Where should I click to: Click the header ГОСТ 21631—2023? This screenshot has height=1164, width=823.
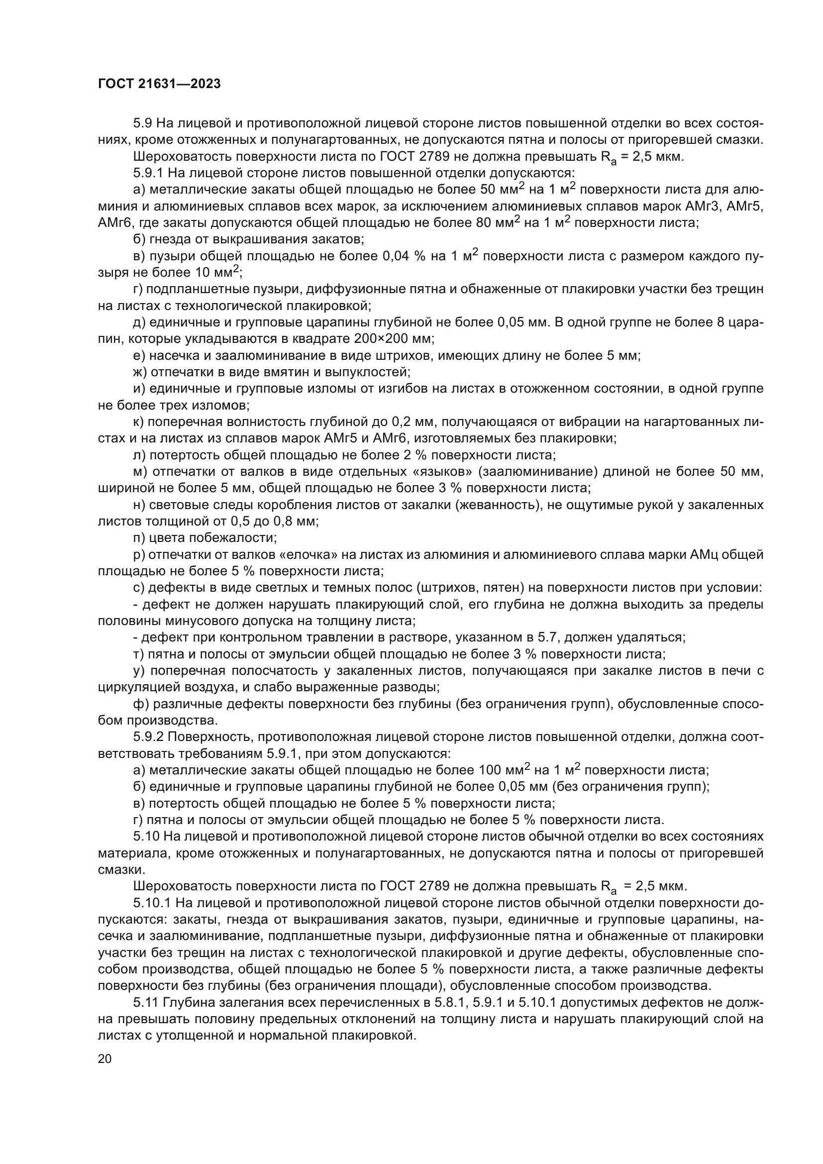159,84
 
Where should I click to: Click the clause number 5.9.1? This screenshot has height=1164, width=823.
148,173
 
